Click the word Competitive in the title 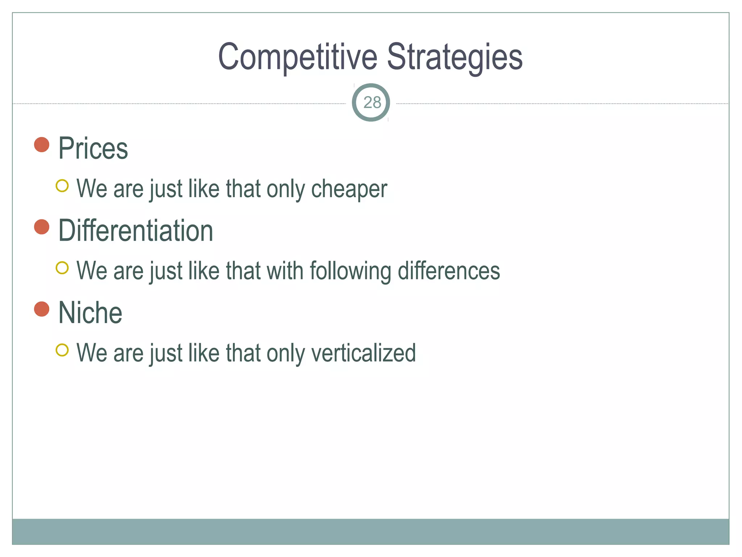[297, 57]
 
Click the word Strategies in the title [455, 57]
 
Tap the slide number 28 [372, 103]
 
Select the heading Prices [93, 148]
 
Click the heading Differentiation [136, 231]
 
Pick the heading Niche [90, 313]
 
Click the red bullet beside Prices [42, 145]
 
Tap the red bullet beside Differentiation [42, 227]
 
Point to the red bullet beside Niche [42, 309]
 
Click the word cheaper [349, 189]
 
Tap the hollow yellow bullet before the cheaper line [62, 186]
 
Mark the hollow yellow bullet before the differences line [62, 268]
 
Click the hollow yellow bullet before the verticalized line [62, 350]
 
